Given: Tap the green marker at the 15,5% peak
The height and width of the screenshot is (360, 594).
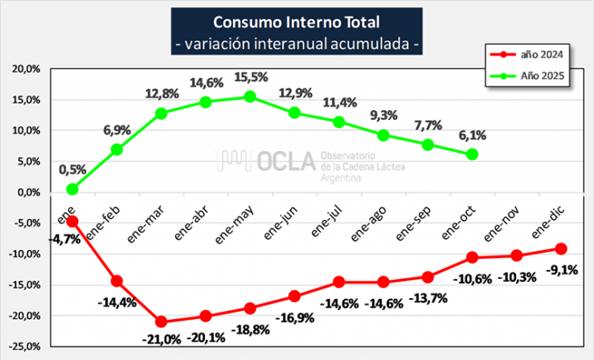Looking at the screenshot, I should click(250, 96).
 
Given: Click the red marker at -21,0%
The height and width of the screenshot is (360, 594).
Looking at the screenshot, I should click(162, 321).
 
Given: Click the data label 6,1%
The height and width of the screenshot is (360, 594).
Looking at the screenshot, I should click(471, 136).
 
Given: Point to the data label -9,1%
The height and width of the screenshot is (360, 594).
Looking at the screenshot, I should click(561, 270).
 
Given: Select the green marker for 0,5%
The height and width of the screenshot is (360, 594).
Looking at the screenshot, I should click(72, 189).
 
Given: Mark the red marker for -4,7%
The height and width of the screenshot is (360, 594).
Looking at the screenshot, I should click(72, 221).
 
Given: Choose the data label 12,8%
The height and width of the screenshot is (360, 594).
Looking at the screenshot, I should click(162, 93).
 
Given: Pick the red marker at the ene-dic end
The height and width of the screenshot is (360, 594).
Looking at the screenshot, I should click(561, 248).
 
